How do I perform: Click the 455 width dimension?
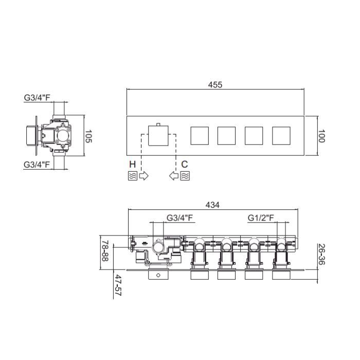215,85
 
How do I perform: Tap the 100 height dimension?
321,136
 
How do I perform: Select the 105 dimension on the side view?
88,136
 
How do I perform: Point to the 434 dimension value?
212,205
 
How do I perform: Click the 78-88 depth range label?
105,251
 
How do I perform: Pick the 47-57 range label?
118,285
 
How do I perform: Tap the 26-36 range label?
321,254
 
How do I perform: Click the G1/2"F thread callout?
261,218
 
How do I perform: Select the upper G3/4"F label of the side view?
37,98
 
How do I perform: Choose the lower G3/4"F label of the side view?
37,165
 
